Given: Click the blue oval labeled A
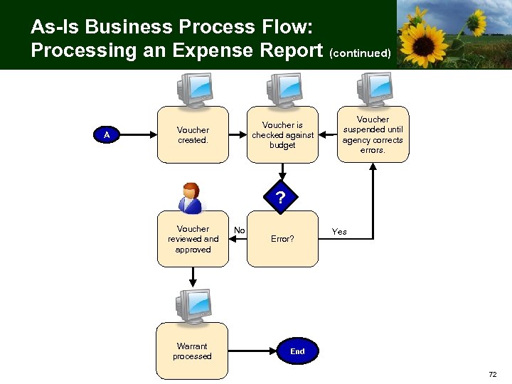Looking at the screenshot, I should coord(107,135).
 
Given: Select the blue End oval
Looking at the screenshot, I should coord(297,351).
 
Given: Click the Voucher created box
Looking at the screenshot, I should coord(193,135).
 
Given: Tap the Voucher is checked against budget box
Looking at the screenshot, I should coord(282,135).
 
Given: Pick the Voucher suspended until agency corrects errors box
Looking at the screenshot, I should coord(373,135).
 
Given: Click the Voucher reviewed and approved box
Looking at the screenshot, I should coord(193,240).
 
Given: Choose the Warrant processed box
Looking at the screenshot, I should coord(192,351).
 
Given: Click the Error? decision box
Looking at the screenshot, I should coord(282,240).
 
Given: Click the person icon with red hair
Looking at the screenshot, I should coord(190,198).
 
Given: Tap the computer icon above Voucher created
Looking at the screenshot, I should coord(193,90).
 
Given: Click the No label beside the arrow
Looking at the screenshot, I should coord(240,230).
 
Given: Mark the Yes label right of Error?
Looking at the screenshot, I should coord(339,232).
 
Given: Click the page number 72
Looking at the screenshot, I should coord(493,374).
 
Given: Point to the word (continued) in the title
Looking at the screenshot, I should coord(359,53).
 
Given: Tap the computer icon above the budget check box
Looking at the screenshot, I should coord(283,90).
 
